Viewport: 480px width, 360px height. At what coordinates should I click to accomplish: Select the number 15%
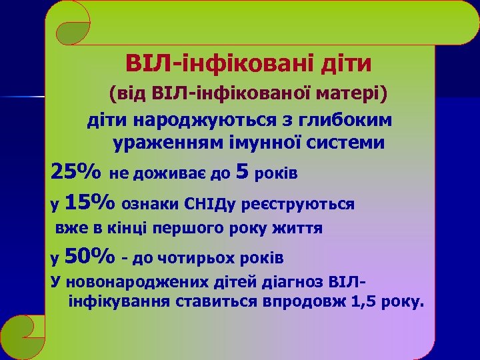click(90, 201)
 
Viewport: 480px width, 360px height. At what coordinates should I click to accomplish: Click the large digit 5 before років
click(243, 172)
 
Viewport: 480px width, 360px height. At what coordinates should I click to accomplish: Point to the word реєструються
click(298, 203)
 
